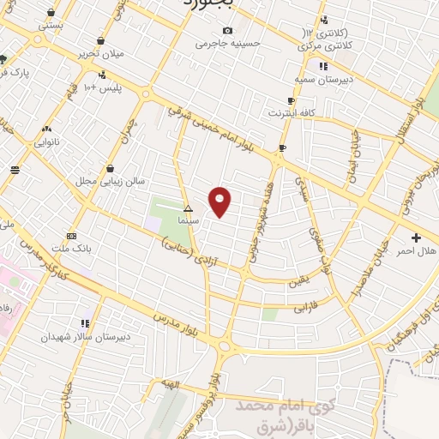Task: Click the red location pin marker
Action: pyautogui.click(x=220, y=201)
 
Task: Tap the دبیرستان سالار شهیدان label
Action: pyautogui.click(x=85, y=337)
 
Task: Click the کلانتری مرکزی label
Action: pyautogui.click(x=327, y=45)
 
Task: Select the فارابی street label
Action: pyautogui.click(x=306, y=304)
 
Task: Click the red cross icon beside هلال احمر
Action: pyautogui.click(x=417, y=238)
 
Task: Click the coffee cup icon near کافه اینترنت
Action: pyautogui.click(x=282, y=148)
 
